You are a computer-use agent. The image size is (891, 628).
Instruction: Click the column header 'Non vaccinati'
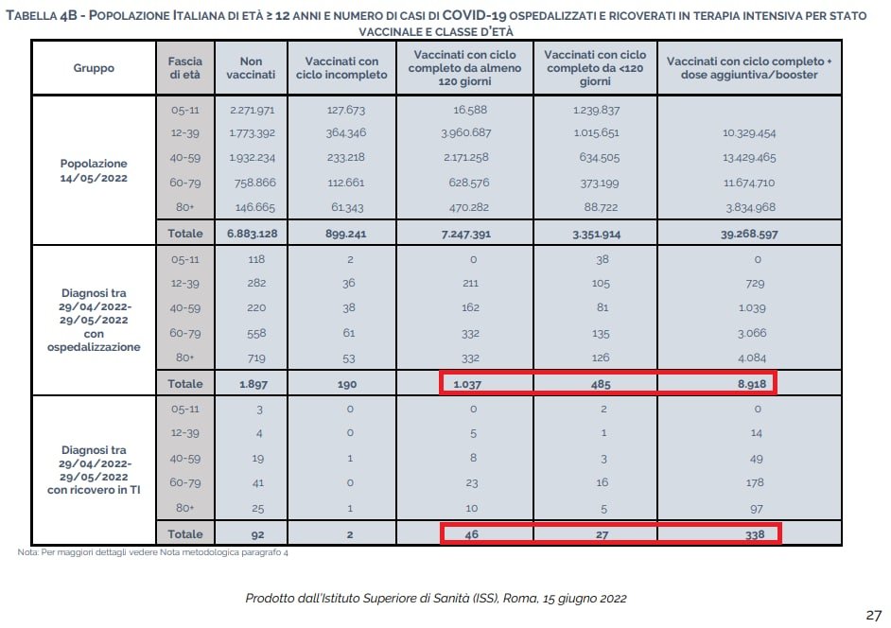pyautogui.click(x=252, y=68)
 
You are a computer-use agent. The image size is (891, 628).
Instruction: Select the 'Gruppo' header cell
pyautogui.click(x=94, y=68)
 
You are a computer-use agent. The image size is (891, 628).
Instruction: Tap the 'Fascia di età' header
pyautogui.click(x=179, y=68)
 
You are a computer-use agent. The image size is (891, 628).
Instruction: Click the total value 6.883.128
pyautogui.click(x=252, y=233)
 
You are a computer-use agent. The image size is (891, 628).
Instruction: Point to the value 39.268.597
pyautogui.click(x=749, y=233)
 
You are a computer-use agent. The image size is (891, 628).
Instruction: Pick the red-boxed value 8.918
pyautogui.click(x=749, y=383)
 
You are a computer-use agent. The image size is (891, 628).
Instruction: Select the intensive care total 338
pyautogui.click(x=749, y=533)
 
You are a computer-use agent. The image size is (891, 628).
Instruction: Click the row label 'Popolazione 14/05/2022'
pyautogui.click(x=94, y=169)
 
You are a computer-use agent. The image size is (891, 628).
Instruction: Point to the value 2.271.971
pyautogui.click(x=252, y=110)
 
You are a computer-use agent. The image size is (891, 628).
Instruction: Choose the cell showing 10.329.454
pyautogui.click(x=749, y=133)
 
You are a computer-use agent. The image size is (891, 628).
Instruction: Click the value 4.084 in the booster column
pyautogui.click(x=749, y=358)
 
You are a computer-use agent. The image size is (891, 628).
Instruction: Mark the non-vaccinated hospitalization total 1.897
pyautogui.click(x=252, y=383)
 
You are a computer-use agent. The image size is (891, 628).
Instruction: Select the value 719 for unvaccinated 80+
pyautogui.click(x=252, y=358)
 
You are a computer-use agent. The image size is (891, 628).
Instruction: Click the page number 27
pyautogui.click(x=873, y=615)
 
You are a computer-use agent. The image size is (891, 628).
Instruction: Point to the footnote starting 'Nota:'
pyautogui.click(x=152, y=552)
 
